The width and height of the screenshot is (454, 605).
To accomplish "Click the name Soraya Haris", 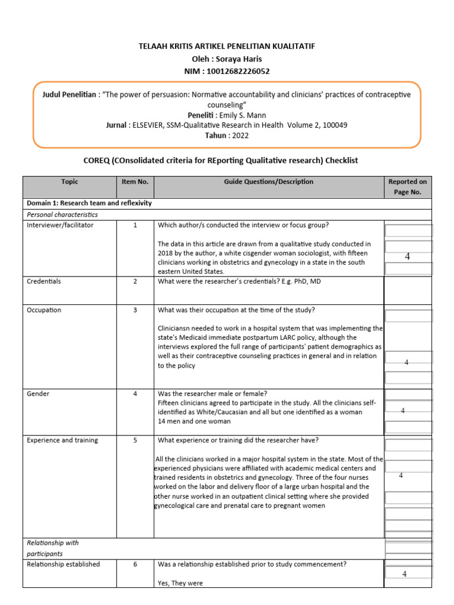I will (239, 59).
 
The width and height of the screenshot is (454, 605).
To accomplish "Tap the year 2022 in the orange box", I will (236, 135).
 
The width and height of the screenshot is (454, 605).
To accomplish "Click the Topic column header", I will (69, 182).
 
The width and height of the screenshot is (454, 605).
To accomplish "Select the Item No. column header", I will (135, 182).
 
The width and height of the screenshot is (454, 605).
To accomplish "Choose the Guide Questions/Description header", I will (268, 182).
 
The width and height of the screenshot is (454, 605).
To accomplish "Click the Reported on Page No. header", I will (407, 187).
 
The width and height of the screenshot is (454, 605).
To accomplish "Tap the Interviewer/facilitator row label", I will (60, 225).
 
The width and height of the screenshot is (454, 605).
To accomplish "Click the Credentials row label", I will (44, 281).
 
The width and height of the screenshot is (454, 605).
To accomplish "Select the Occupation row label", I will (44, 310).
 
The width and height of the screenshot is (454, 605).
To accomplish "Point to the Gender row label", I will (38, 393).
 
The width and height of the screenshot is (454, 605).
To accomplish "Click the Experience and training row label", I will (63, 440).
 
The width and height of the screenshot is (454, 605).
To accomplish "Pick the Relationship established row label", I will (64, 564).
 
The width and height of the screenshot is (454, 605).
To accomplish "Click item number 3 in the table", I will (135, 310).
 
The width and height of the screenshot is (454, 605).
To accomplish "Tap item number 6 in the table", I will (135, 564).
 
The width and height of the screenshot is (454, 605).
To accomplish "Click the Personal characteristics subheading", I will (62, 214).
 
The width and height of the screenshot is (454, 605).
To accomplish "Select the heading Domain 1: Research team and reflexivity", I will (89, 203).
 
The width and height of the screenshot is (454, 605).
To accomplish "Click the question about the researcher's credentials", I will (239, 281).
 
